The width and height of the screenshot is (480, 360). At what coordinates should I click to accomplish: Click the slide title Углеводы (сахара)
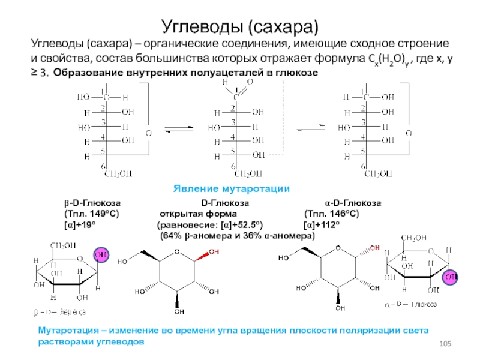[x=239, y=25]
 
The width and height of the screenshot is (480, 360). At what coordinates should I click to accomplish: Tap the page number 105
[x=445, y=343]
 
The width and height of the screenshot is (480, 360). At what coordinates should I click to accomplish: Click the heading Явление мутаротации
[x=232, y=188]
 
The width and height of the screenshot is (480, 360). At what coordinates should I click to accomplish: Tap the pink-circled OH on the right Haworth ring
[x=450, y=278]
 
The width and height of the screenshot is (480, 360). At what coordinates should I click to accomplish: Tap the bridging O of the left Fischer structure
[x=148, y=132]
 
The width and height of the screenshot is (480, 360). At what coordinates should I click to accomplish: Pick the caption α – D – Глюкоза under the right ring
[x=410, y=304]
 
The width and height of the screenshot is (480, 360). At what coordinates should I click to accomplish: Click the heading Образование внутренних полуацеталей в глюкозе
[x=183, y=73]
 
